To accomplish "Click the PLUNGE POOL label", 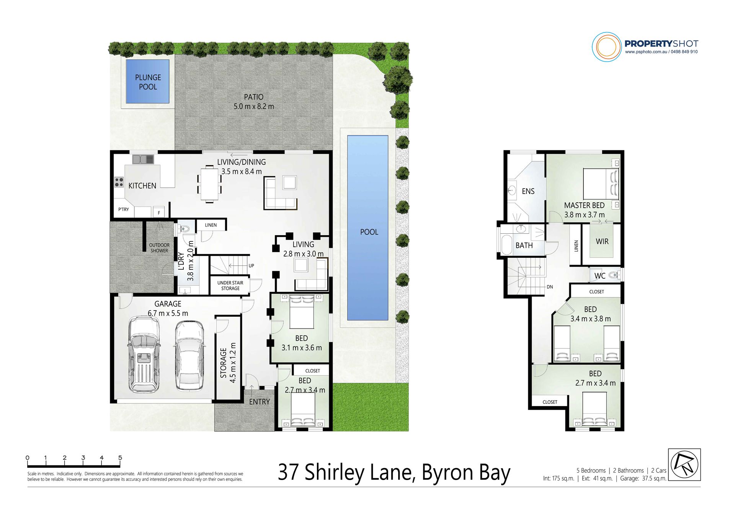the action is [148, 82].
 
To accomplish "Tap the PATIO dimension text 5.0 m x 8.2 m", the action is [254, 106].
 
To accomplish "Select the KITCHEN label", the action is [142, 185].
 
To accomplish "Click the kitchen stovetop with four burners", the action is [119, 182].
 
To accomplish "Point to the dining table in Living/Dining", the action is [209, 184].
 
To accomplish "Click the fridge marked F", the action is [159, 212].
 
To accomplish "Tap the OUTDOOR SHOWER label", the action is [159, 248].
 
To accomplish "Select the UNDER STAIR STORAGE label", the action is [230, 286].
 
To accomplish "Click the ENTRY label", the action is [259, 402].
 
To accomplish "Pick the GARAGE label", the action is [168, 304].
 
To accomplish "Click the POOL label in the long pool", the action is [369, 232].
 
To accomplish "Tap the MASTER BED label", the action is [584, 205].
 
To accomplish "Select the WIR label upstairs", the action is [602, 241].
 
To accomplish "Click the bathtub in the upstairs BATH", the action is [506, 245].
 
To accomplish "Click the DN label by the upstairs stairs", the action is [550, 287].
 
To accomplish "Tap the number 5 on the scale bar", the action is [120, 457].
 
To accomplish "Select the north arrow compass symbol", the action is [684, 464].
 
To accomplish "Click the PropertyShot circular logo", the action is [606, 47].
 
